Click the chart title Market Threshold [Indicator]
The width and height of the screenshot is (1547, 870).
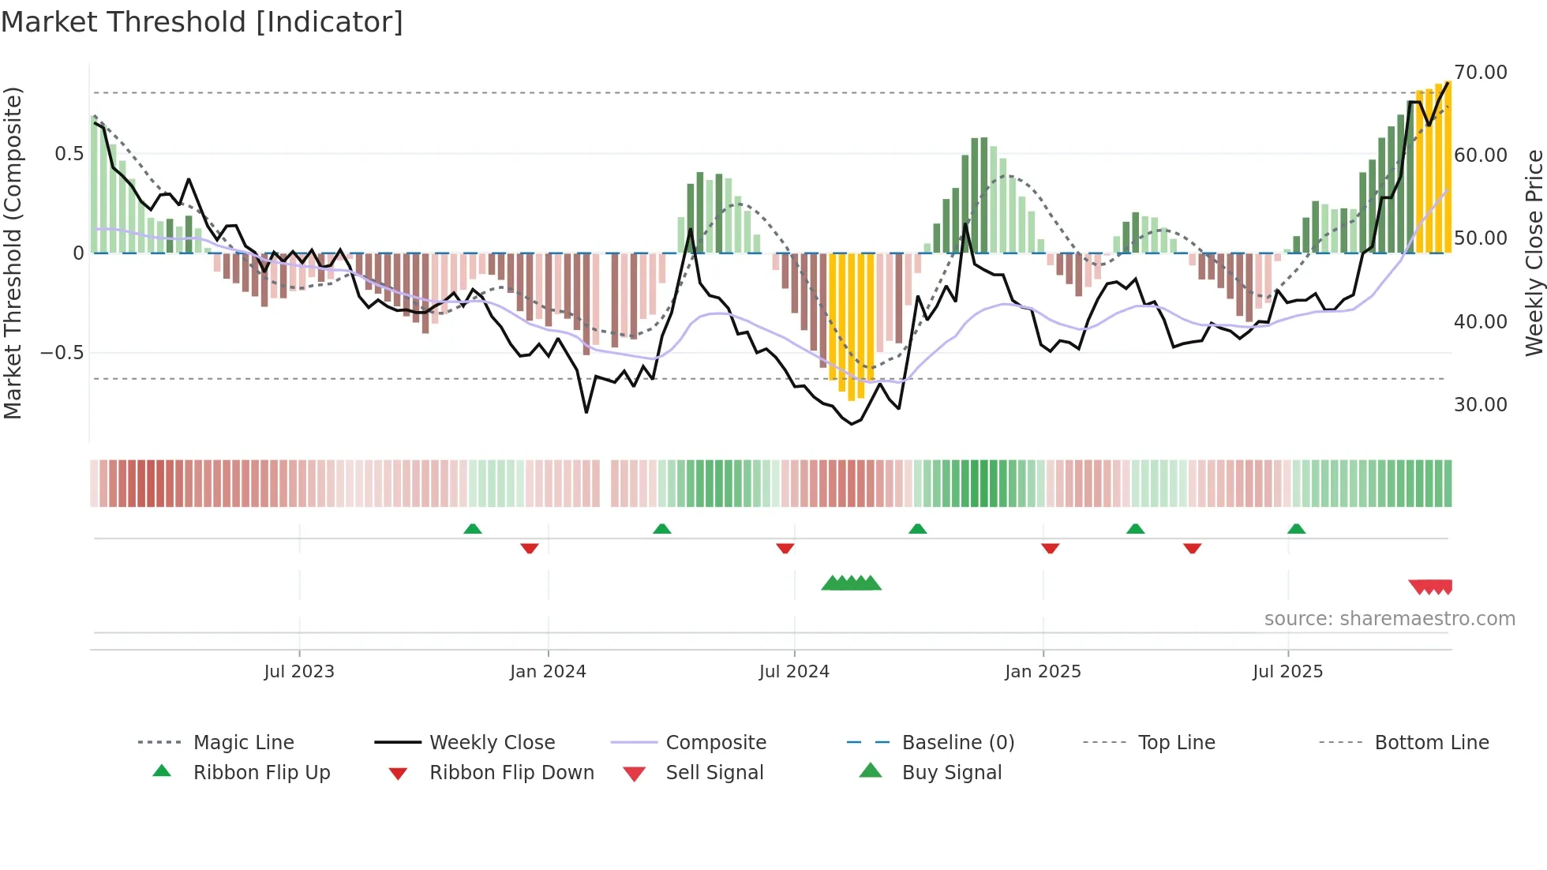[202, 22]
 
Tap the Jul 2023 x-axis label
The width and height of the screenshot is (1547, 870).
[299, 672]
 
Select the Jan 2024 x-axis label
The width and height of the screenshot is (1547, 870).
[548, 672]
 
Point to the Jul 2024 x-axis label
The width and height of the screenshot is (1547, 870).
[794, 672]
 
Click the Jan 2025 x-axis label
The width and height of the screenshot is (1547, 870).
[1043, 672]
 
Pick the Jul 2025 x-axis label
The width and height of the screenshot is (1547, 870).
[1287, 672]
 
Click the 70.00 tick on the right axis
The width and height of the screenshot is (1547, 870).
[1481, 73]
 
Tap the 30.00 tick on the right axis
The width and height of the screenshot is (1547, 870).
[1481, 405]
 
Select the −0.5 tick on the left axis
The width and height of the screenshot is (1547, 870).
[62, 353]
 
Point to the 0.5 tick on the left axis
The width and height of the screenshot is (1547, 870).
[69, 154]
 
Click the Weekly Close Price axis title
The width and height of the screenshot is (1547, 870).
[1534, 253]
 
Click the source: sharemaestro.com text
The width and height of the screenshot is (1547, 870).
[1389, 619]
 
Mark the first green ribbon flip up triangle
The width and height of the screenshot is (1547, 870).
[473, 529]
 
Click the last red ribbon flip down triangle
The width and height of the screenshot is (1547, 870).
[1192, 548]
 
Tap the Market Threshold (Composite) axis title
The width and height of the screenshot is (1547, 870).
[13, 253]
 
